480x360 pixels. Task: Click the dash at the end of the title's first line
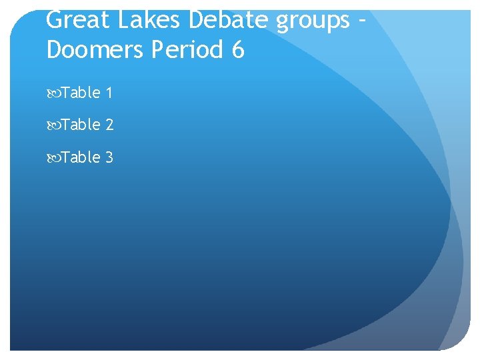click(x=361, y=21)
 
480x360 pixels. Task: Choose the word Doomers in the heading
click(x=95, y=50)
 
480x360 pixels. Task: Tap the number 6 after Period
click(x=239, y=50)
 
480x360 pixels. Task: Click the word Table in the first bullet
click(x=81, y=93)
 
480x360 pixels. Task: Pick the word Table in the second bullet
click(x=81, y=125)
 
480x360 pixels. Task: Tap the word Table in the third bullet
click(x=81, y=157)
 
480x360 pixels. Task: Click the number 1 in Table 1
click(x=109, y=93)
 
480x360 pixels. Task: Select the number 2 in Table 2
click(x=109, y=125)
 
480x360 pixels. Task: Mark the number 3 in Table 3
click(x=109, y=157)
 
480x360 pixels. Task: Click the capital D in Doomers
click(x=55, y=50)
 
